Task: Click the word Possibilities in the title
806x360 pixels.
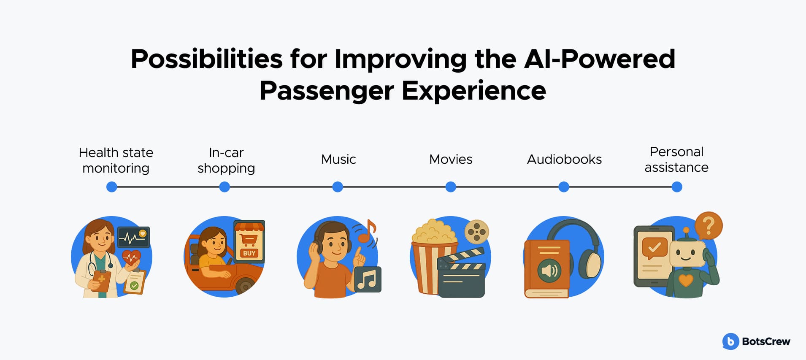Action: click(207, 59)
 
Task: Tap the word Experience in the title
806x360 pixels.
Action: click(474, 91)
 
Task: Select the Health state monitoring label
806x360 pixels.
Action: click(116, 160)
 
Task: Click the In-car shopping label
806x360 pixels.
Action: click(226, 160)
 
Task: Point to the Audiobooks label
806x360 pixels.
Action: click(564, 160)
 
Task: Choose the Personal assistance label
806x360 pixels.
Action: click(676, 160)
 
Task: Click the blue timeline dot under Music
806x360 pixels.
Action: click(338, 187)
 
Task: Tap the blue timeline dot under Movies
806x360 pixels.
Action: click(451, 187)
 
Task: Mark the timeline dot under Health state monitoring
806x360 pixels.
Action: click(112, 187)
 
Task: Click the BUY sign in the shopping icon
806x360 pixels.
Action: click(249, 253)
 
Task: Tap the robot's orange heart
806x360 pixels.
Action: click(686, 280)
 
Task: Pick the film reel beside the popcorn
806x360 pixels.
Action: click(477, 232)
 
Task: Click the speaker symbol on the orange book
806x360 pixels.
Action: click(549, 270)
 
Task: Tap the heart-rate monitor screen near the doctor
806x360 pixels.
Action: click(133, 237)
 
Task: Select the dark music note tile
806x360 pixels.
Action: click(368, 279)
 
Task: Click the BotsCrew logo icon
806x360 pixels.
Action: click(730, 341)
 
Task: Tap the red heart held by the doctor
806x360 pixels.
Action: click(131, 257)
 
